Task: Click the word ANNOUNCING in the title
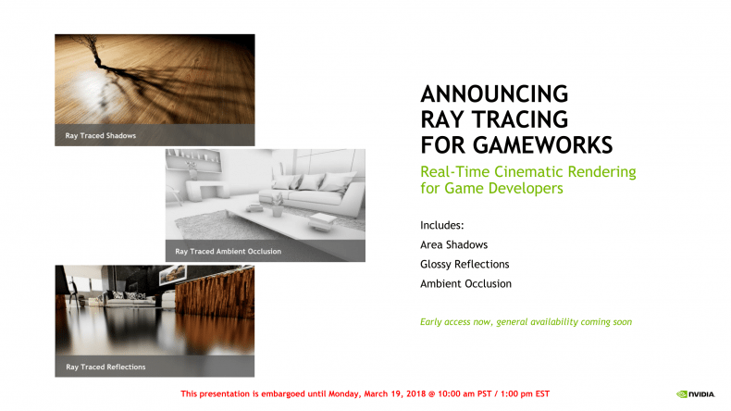494,93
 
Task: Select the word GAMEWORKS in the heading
542,145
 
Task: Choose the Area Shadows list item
454,245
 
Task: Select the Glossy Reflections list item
465,265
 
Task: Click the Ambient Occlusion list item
465,283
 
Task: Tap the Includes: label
442,225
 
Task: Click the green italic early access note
526,322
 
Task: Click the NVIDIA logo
695,394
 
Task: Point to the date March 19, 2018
395,393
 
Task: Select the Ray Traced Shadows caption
101,136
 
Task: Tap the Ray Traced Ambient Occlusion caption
228,252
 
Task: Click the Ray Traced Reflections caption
105,367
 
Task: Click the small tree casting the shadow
92,51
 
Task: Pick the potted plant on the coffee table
278,205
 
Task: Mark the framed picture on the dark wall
172,275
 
